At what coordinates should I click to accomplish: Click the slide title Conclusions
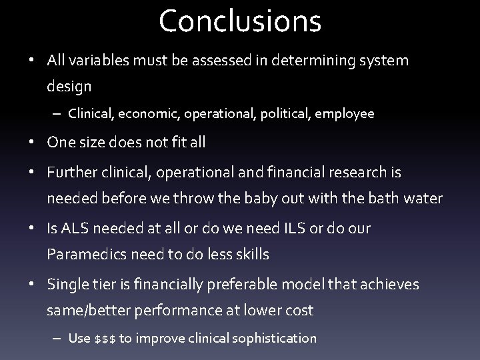[x=240, y=21]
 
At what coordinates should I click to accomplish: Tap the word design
[x=69, y=86]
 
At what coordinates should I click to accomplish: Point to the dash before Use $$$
[x=57, y=338]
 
